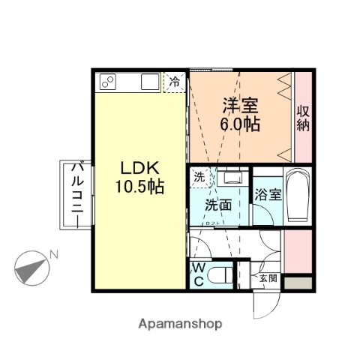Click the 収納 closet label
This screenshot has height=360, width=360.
click(x=302, y=119)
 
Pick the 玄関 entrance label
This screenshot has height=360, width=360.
click(x=267, y=278)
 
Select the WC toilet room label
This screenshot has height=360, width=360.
click(x=198, y=274)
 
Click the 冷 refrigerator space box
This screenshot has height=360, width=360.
click(x=175, y=81)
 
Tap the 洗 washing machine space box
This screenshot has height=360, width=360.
click(x=199, y=178)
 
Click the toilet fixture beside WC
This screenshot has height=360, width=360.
click(x=220, y=275)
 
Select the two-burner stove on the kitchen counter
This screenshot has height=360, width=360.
click(x=106, y=82)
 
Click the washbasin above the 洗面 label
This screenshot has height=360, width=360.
click(x=230, y=179)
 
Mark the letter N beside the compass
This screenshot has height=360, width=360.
click(x=53, y=255)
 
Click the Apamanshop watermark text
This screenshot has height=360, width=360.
click(x=180, y=324)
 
